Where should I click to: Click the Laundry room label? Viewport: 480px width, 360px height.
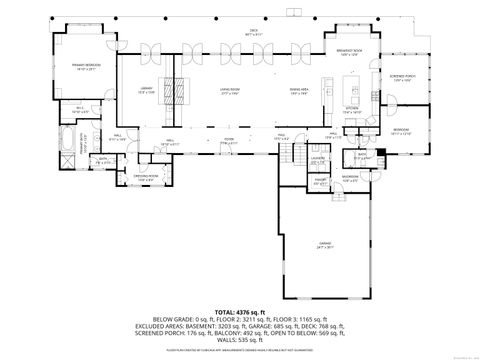pyautogui.click(x=319, y=159)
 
